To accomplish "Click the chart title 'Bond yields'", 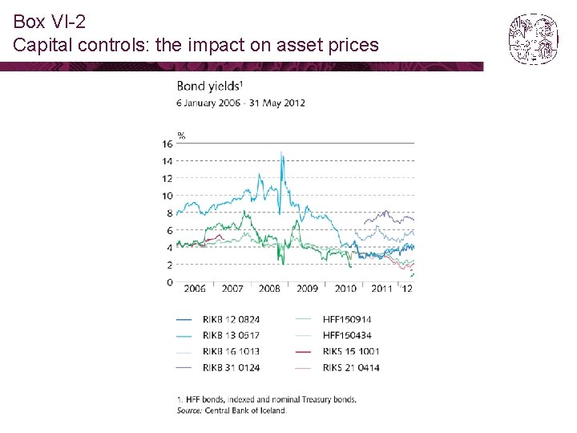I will (206, 87).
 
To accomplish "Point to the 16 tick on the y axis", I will (167, 144).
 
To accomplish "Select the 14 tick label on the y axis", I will (167, 161).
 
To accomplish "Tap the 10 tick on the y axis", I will (167, 196).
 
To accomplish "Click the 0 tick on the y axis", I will (169, 282).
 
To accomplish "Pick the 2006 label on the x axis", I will (195, 289).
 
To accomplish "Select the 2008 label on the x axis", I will (270, 289).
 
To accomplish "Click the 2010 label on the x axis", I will (345, 289).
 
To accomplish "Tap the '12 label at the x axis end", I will (407, 289).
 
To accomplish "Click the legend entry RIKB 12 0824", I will (231, 319).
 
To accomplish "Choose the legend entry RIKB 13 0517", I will (231, 335).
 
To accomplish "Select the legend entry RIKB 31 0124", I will (231, 367).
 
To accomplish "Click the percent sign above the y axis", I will (181, 135).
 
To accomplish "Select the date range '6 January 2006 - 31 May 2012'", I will (240, 103).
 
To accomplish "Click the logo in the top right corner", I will (533, 38).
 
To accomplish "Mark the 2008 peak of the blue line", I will (281, 152).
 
